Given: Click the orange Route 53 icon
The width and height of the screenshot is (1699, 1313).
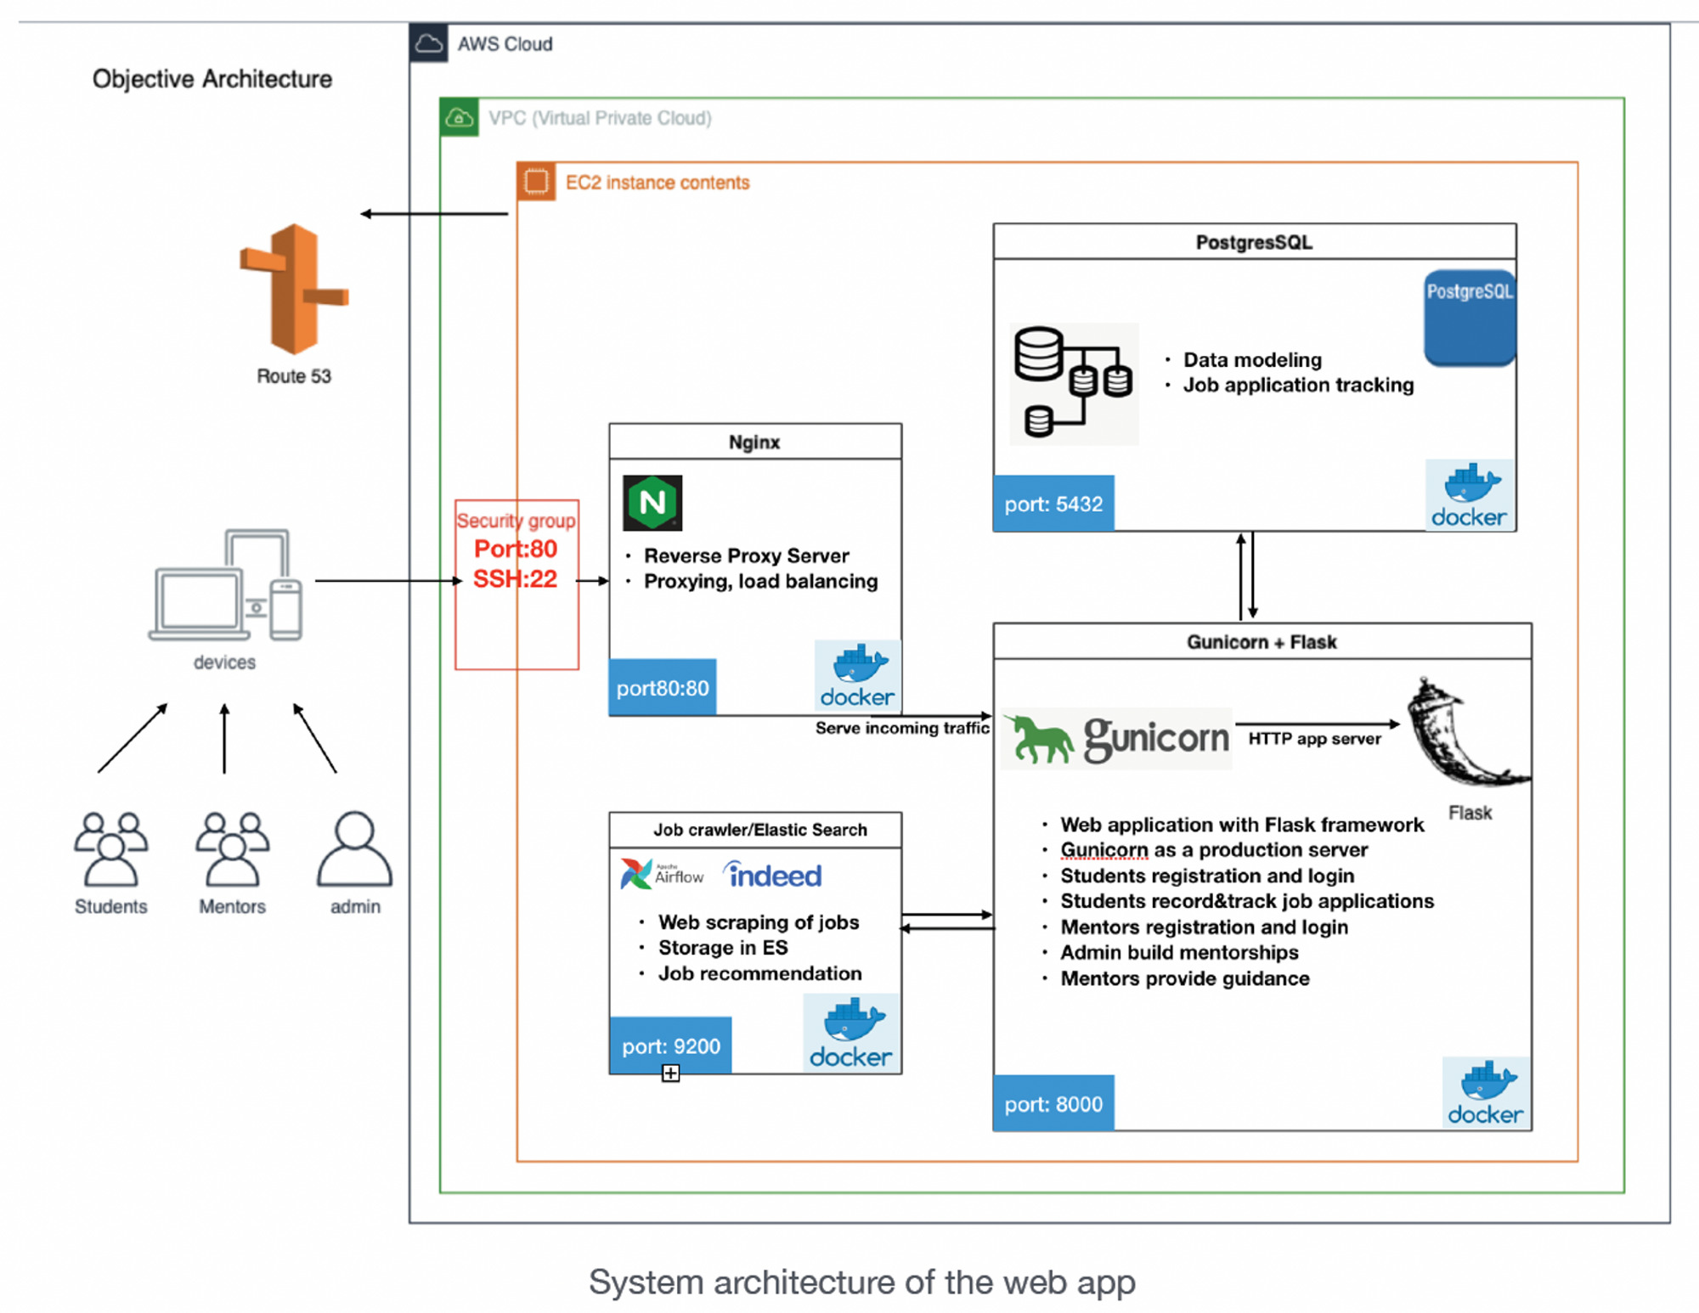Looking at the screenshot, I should (x=294, y=289).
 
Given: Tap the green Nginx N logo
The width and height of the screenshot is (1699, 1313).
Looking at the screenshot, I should (x=652, y=503).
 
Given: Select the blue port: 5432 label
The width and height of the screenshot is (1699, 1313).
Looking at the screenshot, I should (x=1053, y=504).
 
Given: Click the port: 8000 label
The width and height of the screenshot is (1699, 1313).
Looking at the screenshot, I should (x=1053, y=1103).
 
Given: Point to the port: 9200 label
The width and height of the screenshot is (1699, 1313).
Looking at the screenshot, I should (x=670, y=1045).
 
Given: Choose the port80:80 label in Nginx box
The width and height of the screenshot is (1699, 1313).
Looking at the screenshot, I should (x=662, y=687).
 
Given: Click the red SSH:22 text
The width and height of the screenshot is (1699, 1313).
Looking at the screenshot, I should (x=515, y=579).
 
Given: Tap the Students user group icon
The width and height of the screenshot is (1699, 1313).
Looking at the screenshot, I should (x=110, y=848).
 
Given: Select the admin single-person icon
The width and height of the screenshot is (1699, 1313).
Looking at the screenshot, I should (x=354, y=848).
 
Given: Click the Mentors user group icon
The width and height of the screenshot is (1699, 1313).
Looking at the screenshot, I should (x=232, y=848).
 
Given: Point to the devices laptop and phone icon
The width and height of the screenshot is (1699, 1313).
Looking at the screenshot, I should (x=226, y=586).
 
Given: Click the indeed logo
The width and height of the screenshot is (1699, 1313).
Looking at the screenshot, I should (x=772, y=875).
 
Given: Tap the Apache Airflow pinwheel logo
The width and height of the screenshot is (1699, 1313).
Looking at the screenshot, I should (x=635, y=873).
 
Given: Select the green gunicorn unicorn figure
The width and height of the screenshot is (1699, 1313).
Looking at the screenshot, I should (x=1038, y=739).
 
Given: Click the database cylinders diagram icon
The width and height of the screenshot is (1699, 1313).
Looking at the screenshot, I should (x=1072, y=382).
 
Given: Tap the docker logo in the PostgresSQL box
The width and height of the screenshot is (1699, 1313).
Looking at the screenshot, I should (x=1469, y=495).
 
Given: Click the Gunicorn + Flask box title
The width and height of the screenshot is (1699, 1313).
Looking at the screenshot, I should (x=1262, y=642).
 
